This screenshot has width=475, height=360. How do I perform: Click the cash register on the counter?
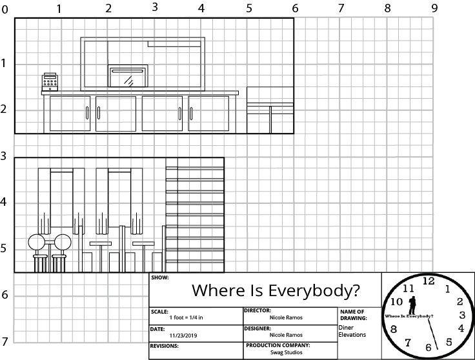pos(50,81)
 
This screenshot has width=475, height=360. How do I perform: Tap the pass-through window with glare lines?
pos(128,76)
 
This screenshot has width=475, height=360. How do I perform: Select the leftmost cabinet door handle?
pos(88,114)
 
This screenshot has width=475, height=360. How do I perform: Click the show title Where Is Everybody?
pos(276,290)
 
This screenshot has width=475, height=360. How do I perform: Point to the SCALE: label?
pos(159,311)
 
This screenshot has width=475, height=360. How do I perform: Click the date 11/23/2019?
pos(182,335)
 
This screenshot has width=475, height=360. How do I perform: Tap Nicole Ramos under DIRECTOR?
pos(285,317)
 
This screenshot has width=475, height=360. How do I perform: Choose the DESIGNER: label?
pos(258,328)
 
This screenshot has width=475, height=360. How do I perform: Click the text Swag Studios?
pos(285,352)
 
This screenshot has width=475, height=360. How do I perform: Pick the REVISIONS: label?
pos(164,346)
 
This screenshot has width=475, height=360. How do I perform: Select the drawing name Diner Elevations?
pos(352,331)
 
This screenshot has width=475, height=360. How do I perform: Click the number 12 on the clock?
pos(428,281)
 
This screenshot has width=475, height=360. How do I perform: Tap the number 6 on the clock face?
pos(428,348)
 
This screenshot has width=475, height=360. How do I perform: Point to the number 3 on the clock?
pos(462,315)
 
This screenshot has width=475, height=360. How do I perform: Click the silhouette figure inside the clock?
pos(412,305)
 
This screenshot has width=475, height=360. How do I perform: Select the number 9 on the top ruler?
pos(434,8)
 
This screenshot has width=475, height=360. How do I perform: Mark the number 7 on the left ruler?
pos(5,341)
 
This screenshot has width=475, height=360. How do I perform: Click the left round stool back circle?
pos(36,243)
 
